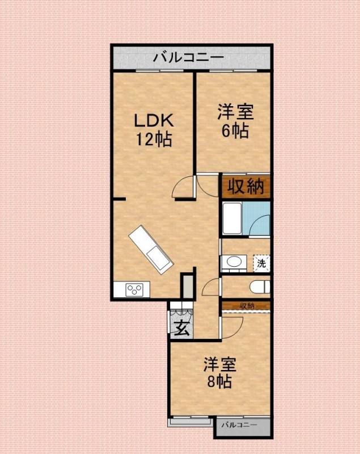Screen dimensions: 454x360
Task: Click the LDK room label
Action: pyautogui.click(x=153, y=121)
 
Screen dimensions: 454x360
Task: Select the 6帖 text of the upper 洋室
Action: pyautogui.click(x=234, y=131)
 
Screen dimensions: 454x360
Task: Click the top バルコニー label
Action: pyautogui.click(x=188, y=57)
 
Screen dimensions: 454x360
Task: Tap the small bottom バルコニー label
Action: pyautogui.click(x=239, y=425)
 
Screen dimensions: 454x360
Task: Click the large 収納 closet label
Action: pyautogui.click(x=245, y=187)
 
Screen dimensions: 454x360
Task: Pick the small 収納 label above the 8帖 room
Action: pyautogui.click(x=247, y=306)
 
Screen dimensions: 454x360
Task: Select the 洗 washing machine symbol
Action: pyautogui.click(x=261, y=263)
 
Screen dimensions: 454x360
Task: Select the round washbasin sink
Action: pyautogui.click(x=232, y=262)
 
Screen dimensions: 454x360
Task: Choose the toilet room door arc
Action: pyautogui.click(x=211, y=287)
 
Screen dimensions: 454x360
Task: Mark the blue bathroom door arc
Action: pyautogui.click(x=260, y=222)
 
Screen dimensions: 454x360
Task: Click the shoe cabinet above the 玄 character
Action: pyautogui.click(x=181, y=312)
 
